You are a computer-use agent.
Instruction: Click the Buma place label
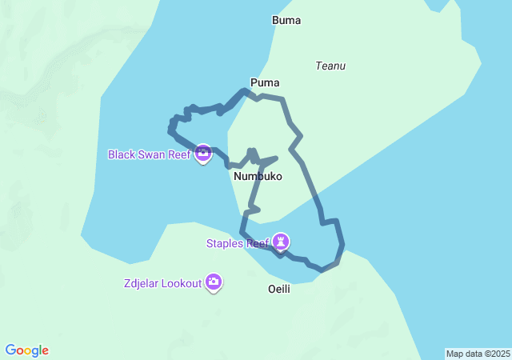[x=286, y=21]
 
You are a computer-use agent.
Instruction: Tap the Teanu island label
[x=331, y=66]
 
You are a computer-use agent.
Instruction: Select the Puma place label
[x=265, y=82]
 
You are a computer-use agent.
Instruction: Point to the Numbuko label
[x=258, y=176]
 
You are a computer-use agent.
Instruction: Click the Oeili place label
[x=278, y=289]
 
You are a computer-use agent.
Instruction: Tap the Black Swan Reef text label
[x=149, y=154]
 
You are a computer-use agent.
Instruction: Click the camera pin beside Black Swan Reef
[x=202, y=153]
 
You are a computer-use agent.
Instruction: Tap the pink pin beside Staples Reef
[x=281, y=241]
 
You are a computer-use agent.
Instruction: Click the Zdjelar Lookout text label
[x=162, y=283]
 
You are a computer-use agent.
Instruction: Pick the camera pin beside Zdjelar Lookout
[x=214, y=282]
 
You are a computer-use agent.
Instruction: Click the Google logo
[x=27, y=350]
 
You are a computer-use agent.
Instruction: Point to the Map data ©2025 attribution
[x=478, y=354]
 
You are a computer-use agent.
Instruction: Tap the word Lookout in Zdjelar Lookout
[x=180, y=283]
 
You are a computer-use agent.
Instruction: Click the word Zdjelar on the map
[x=141, y=283]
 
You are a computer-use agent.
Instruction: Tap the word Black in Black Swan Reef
[x=122, y=154]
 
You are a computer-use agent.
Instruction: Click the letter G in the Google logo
[x=10, y=350]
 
